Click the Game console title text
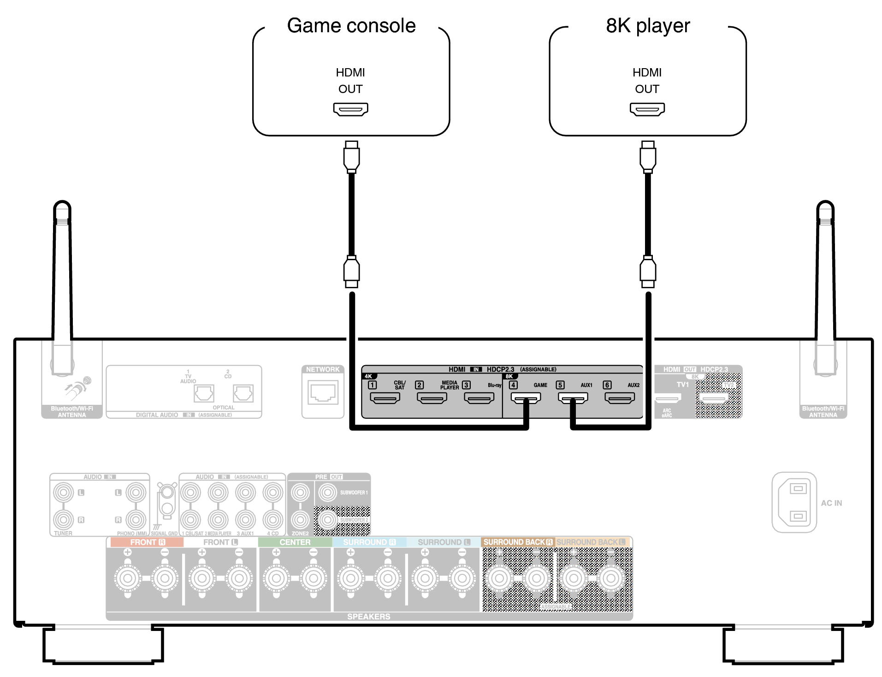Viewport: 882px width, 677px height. (x=351, y=26)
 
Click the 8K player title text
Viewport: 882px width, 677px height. (x=648, y=26)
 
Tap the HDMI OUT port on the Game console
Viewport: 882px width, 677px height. (x=350, y=109)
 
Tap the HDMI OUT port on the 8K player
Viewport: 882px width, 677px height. (x=647, y=109)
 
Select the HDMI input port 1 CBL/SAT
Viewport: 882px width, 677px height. (x=385, y=398)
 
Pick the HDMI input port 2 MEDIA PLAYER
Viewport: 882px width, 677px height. (x=432, y=398)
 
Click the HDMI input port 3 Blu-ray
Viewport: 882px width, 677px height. (x=479, y=398)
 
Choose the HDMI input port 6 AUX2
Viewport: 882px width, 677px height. (x=620, y=398)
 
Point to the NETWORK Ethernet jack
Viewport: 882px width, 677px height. (x=323, y=393)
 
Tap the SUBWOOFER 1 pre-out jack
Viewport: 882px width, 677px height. (x=328, y=493)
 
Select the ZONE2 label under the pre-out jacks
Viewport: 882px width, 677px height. (x=300, y=533)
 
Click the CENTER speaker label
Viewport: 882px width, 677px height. (x=295, y=542)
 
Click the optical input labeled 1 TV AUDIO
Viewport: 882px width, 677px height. (x=204, y=393)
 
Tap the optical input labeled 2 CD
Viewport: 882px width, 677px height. (x=243, y=393)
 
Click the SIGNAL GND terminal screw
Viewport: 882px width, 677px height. (x=167, y=493)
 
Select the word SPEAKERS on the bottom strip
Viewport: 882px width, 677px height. (x=368, y=616)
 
